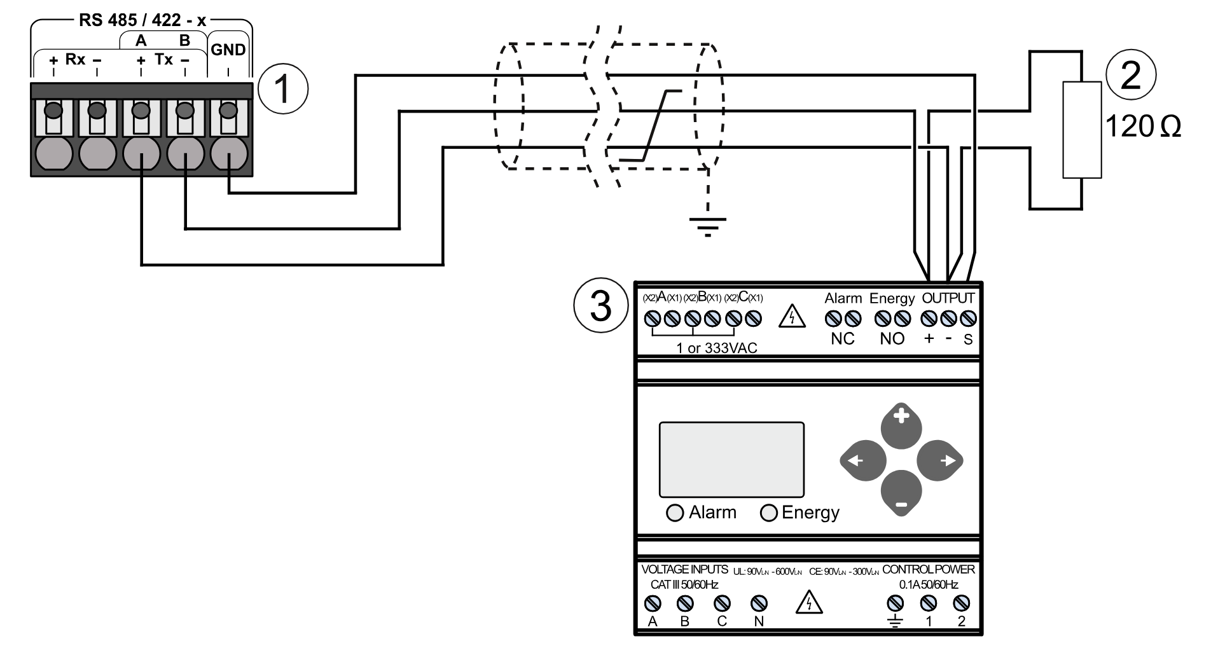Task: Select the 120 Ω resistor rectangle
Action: (1082, 130)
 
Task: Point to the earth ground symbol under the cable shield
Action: (707, 224)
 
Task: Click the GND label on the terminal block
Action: (228, 50)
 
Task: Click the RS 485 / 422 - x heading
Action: (142, 20)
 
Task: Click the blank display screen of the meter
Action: (731, 459)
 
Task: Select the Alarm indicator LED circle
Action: (675, 513)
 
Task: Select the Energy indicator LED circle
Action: (769, 513)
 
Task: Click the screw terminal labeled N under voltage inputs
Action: (759, 602)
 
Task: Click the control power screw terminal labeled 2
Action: (962, 602)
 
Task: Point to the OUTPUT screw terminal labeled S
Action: (968, 319)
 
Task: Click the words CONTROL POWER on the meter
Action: (928, 570)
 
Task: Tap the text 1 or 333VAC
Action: (717, 348)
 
